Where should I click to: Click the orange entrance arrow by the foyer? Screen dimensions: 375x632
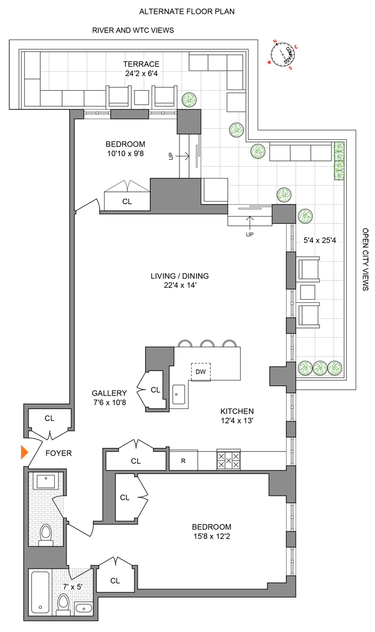(24, 452)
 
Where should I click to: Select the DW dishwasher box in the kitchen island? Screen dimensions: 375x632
(201, 371)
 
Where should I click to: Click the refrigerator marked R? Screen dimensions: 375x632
(183, 460)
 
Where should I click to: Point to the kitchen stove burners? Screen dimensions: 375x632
(228, 460)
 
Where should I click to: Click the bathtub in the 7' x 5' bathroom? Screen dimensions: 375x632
(41, 592)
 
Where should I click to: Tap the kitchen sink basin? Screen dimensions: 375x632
(179, 394)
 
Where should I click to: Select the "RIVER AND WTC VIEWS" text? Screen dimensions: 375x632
(133, 31)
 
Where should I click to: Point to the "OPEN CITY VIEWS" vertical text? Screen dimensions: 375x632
(366, 259)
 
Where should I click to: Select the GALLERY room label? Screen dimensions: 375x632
(109, 392)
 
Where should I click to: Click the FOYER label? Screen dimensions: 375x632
(58, 453)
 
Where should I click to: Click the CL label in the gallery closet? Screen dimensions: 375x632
(155, 390)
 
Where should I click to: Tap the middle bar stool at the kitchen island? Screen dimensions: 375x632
(207, 343)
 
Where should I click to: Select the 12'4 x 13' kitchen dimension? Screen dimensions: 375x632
(237, 421)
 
